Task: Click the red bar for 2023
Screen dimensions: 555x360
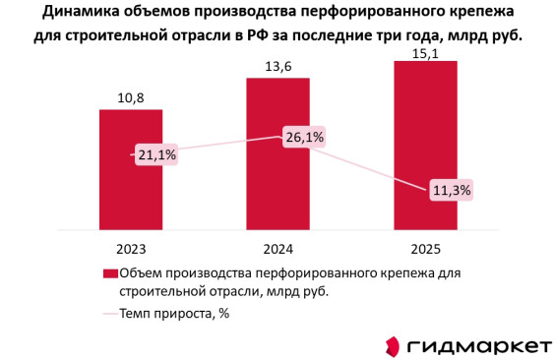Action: (131, 170)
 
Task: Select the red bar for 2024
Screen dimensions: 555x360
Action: (278, 154)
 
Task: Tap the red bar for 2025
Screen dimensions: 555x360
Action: (425, 146)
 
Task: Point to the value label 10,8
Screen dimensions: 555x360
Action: (131, 98)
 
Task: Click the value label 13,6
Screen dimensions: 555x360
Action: (278, 67)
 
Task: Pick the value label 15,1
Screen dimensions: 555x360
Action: (425, 54)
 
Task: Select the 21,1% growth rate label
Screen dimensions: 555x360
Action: (156, 154)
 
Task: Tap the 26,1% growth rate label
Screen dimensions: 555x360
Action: (304, 137)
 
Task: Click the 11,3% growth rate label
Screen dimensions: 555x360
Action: (452, 190)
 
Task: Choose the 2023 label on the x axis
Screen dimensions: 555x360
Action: (131, 249)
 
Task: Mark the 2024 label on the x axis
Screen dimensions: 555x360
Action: (278, 249)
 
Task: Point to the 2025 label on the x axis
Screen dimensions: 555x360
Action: (425, 249)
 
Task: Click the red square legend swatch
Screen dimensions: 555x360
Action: (110, 273)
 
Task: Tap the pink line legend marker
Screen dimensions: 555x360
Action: (110, 314)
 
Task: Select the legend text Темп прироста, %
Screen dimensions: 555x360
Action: (174, 314)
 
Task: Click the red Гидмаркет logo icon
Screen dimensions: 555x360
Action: (393, 346)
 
